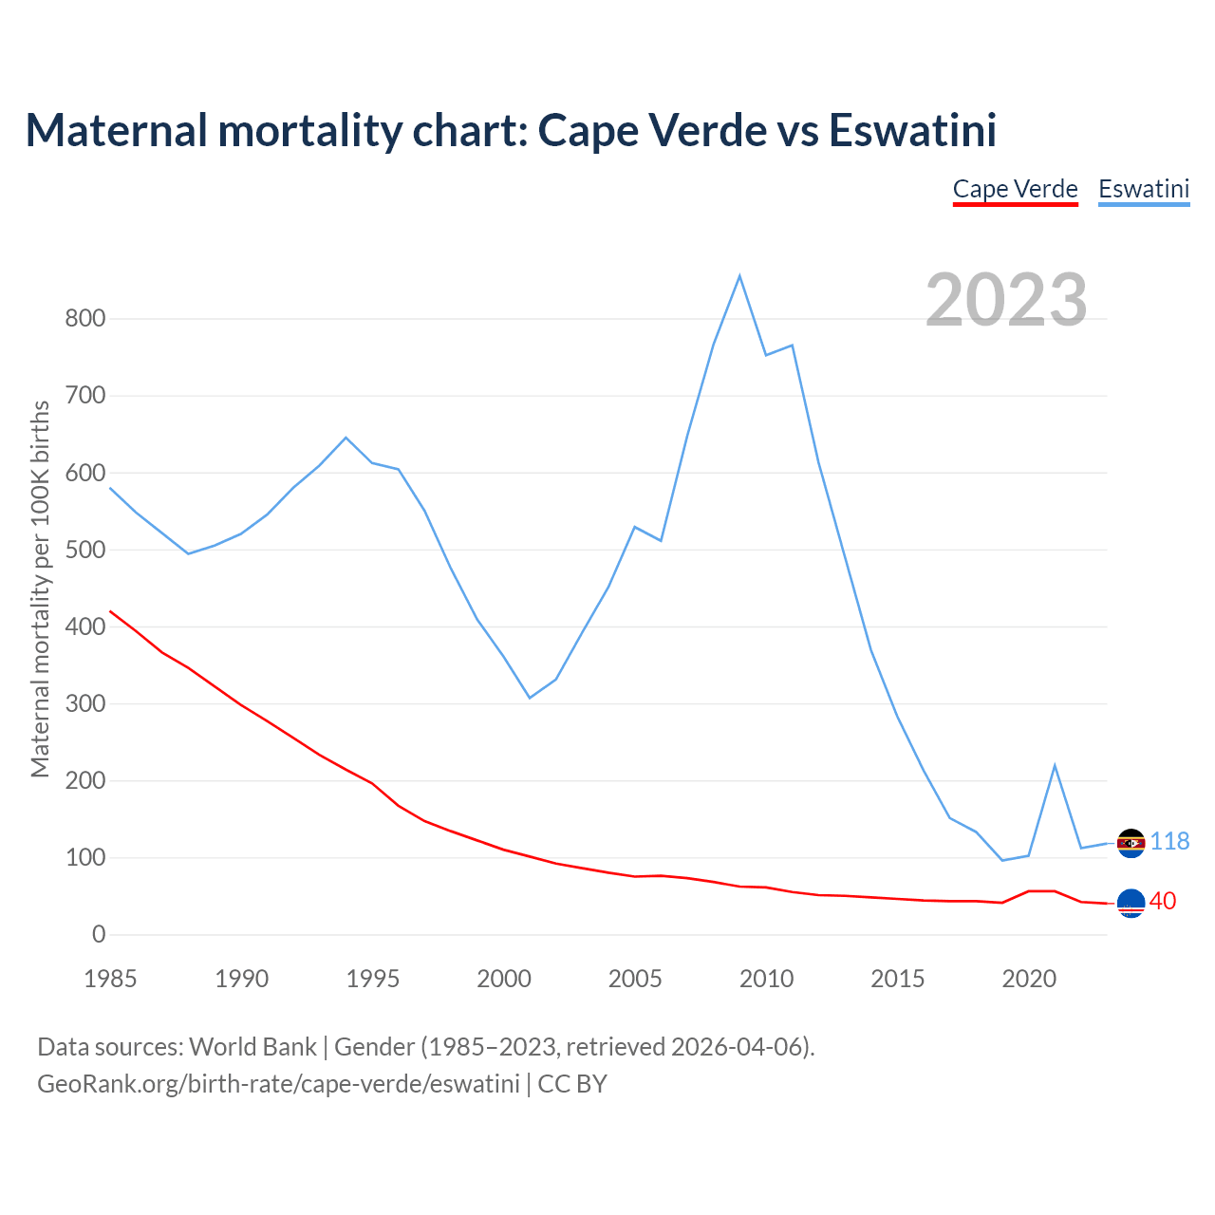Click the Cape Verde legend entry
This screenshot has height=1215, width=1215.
1015,189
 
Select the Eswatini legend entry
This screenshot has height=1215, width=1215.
1144,189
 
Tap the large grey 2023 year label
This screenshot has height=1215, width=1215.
1006,299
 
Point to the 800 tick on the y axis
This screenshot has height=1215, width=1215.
85,319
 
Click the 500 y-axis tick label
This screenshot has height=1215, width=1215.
85,550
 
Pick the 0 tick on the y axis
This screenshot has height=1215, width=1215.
99,935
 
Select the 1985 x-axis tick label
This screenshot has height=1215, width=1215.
110,979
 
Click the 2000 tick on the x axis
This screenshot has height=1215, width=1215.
504,979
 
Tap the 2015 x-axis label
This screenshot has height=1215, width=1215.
898,979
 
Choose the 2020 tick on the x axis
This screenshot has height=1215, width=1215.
1029,979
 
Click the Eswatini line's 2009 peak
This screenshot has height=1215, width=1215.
739,276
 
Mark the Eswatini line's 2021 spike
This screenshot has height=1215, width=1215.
1055,765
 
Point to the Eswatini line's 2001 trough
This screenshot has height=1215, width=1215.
530,698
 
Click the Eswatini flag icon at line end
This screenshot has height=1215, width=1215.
1131,843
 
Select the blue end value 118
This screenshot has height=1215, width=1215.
1170,842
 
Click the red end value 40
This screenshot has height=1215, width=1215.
1163,902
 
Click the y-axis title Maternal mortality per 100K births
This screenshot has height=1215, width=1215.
40,589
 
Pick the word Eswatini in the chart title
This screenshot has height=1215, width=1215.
912,130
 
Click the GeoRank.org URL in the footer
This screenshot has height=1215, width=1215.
278,1084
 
